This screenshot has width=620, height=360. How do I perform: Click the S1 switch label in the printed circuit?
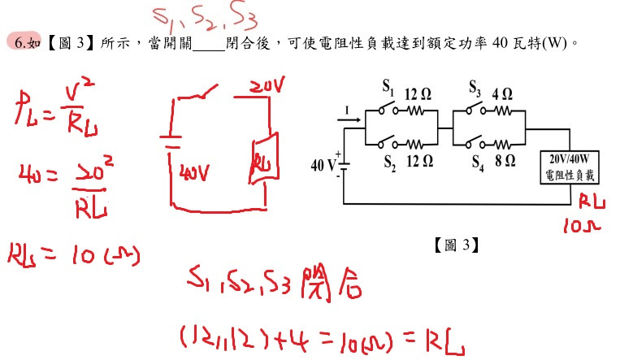coord(387,86)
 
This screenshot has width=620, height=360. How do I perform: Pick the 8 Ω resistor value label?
coord(505,161)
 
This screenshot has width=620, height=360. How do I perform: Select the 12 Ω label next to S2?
coord(419,161)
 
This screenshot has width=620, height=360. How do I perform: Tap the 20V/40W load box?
coord(574,167)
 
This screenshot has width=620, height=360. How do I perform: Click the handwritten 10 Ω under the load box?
coord(579,224)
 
